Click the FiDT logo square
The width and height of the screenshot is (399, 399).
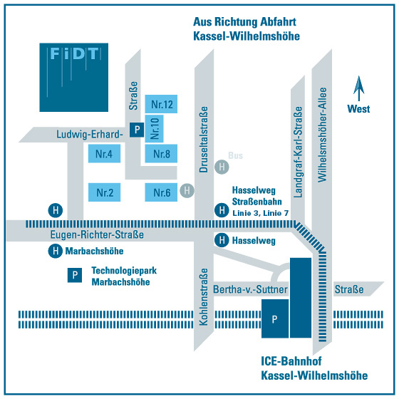pyautogui.click(x=74, y=78)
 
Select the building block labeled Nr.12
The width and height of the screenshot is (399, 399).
pyautogui.click(x=161, y=104)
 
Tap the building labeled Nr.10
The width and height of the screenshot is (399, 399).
pyautogui.click(x=154, y=129)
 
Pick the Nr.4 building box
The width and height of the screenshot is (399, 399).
pyautogui.click(x=104, y=153)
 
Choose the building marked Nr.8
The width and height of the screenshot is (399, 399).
pyautogui.click(x=161, y=153)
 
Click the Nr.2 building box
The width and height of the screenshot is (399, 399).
pyautogui.click(x=104, y=192)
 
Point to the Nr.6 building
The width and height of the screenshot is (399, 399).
pyautogui.click(x=161, y=192)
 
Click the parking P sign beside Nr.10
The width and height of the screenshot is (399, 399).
pyautogui.click(x=137, y=130)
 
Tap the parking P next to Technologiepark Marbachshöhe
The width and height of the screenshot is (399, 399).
pyautogui.click(x=75, y=275)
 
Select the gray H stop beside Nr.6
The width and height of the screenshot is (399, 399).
pyautogui.click(x=187, y=190)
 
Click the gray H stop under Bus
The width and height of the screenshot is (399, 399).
pyautogui.click(x=222, y=167)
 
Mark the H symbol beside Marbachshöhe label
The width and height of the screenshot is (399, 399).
pyautogui.click(x=56, y=251)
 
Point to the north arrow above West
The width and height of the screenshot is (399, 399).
pyautogui.click(x=359, y=88)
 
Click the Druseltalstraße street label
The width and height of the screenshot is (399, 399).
pyautogui.click(x=204, y=140)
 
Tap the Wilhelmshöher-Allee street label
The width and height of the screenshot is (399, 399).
pyautogui.click(x=322, y=135)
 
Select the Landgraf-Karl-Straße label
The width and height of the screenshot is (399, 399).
pyautogui.click(x=298, y=152)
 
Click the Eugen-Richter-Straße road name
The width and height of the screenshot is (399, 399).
pyautogui.click(x=97, y=234)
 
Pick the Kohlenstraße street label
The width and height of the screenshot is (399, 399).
pyautogui.click(x=204, y=296)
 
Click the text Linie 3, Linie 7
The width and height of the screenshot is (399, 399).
pyautogui.click(x=261, y=213)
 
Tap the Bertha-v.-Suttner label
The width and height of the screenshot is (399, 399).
pyautogui.click(x=250, y=289)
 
